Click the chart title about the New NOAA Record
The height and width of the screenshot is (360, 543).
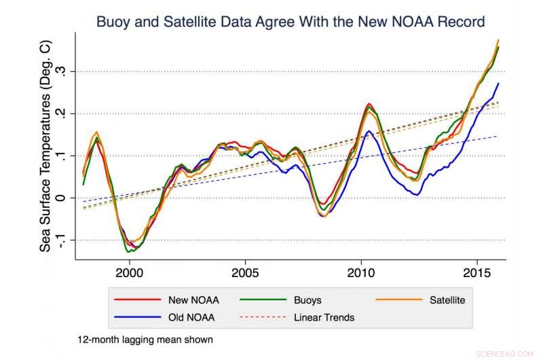click(x=291, y=22)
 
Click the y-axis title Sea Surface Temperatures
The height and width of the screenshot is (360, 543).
click(x=45, y=145)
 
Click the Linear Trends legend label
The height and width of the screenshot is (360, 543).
click(x=324, y=317)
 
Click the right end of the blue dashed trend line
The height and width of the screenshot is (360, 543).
click(x=498, y=137)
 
